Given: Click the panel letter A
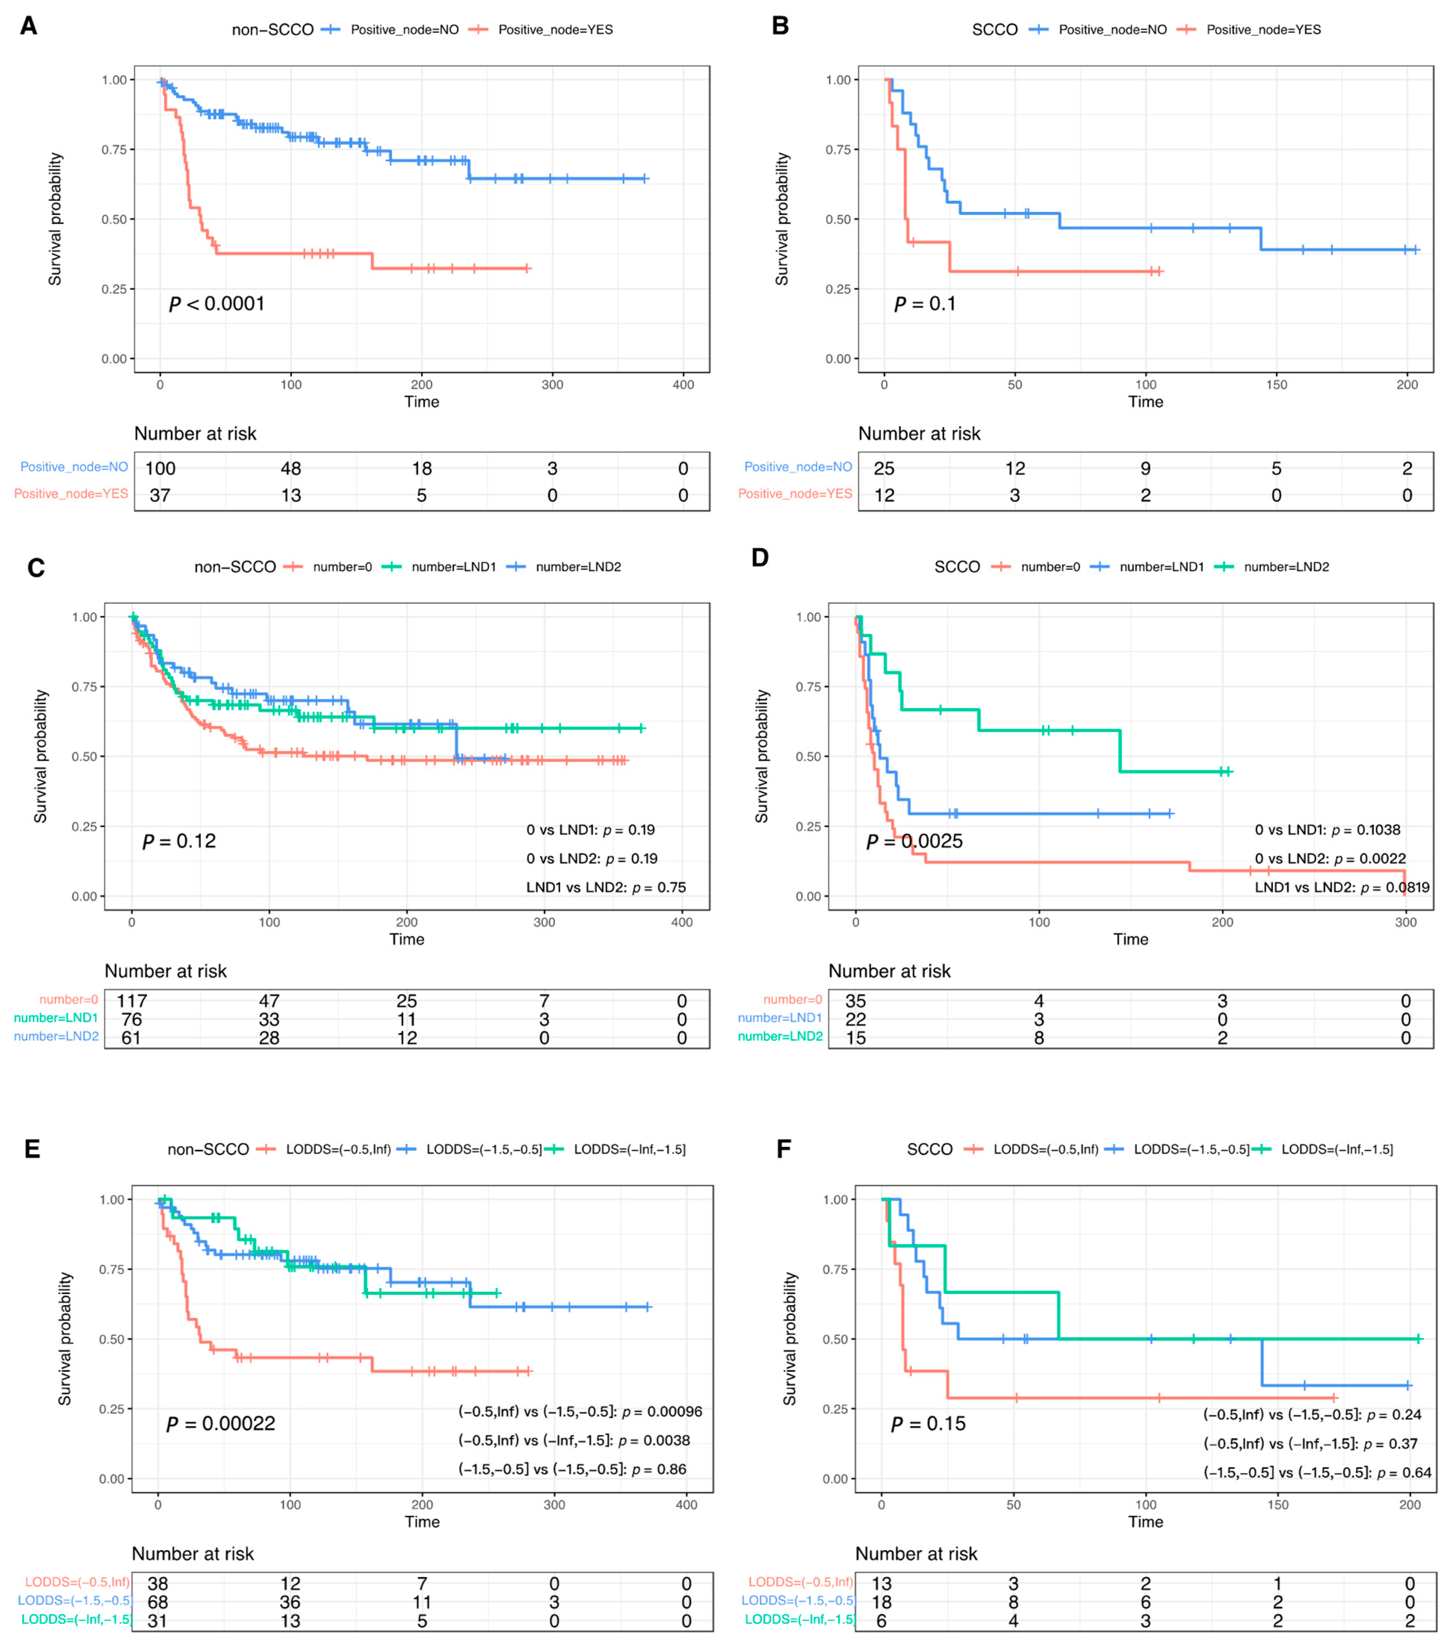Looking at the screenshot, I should pos(28,26).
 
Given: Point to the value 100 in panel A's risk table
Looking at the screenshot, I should pos(160,468).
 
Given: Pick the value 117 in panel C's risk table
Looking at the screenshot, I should pos(131,1000).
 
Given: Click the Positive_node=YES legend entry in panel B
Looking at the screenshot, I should pos(1263,30).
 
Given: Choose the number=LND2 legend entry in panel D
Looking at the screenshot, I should pos(1286,567).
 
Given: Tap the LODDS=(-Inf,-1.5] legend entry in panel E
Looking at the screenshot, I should pos(629,1149).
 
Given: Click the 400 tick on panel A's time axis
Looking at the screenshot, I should pos(683,385).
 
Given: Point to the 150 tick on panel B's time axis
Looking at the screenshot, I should pos(1276,385).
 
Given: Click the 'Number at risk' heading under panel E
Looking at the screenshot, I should pos(193,1554).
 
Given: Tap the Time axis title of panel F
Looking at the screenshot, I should pos(1145,1521).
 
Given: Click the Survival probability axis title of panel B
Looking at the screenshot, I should pos(781,219).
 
